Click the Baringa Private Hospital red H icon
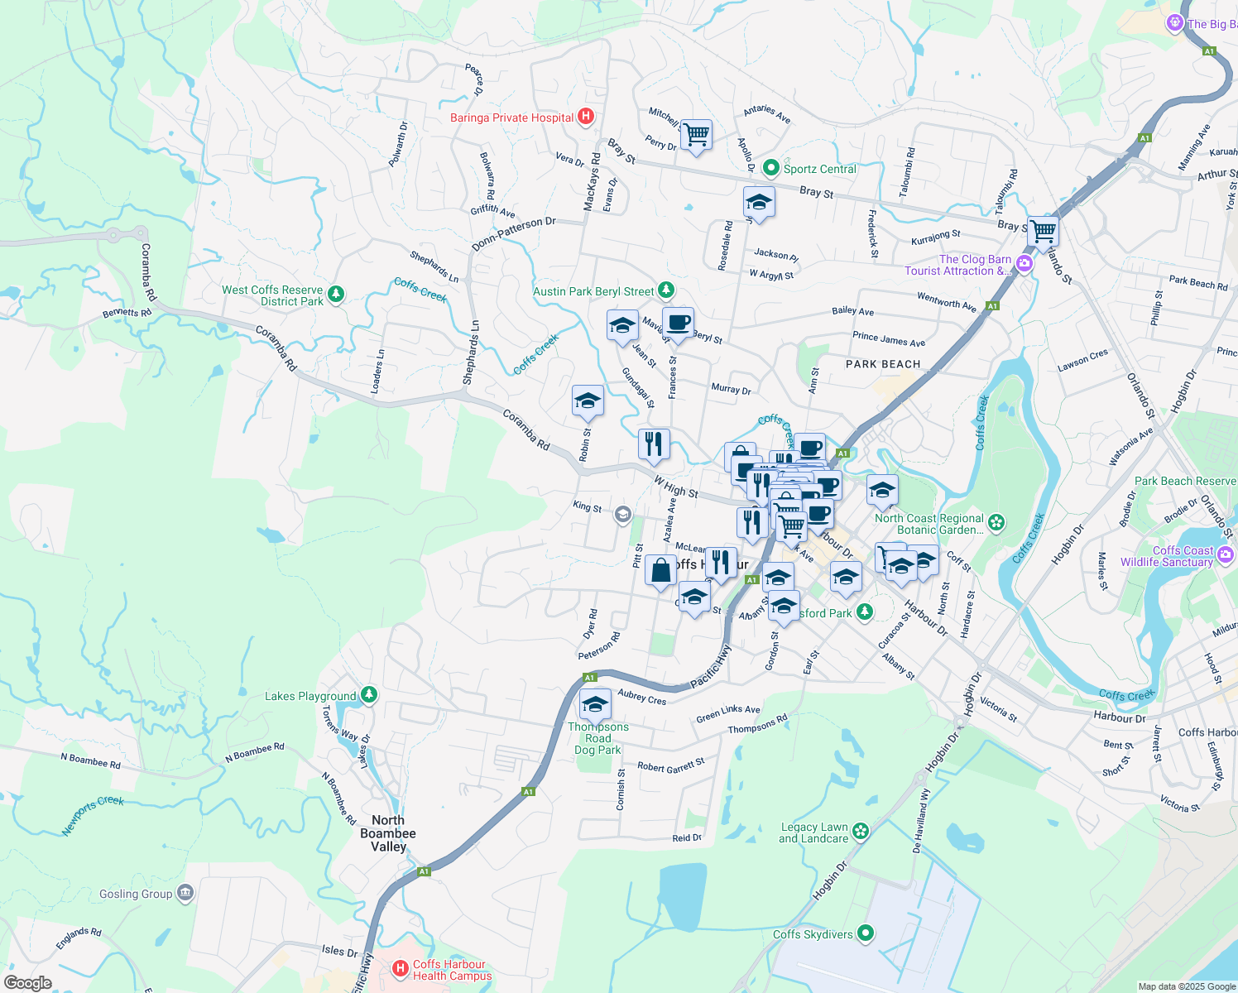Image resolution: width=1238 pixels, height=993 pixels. pos(586,117)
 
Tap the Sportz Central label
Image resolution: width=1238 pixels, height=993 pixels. pos(819,169)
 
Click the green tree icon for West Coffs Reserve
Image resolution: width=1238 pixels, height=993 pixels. pos(335,294)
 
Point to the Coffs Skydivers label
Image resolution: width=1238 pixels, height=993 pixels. pos(813,934)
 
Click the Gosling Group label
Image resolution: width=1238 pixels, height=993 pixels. pos(136,894)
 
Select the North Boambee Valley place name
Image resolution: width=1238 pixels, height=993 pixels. pos(388,833)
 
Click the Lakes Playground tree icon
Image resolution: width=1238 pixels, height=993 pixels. pos(369,695)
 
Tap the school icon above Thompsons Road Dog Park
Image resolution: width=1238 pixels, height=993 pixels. pos(595,704)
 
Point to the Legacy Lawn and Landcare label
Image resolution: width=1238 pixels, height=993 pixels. pos(814,832)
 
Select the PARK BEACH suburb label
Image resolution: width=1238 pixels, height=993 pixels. pos(883,364)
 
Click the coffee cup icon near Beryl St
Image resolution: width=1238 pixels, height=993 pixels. pos(678,322)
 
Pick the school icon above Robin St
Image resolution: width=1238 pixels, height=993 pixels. pos(588,401)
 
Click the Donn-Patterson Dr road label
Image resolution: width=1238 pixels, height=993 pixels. pos(514,234)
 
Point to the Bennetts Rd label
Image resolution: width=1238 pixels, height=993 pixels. pos(127,313)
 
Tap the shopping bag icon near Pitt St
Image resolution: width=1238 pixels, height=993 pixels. pos(660,570)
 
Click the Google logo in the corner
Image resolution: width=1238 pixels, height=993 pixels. pos(27,983)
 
